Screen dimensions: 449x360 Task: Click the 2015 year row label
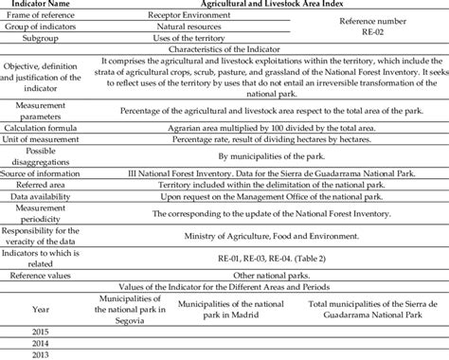point(38,331)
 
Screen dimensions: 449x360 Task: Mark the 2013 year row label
point(38,353)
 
